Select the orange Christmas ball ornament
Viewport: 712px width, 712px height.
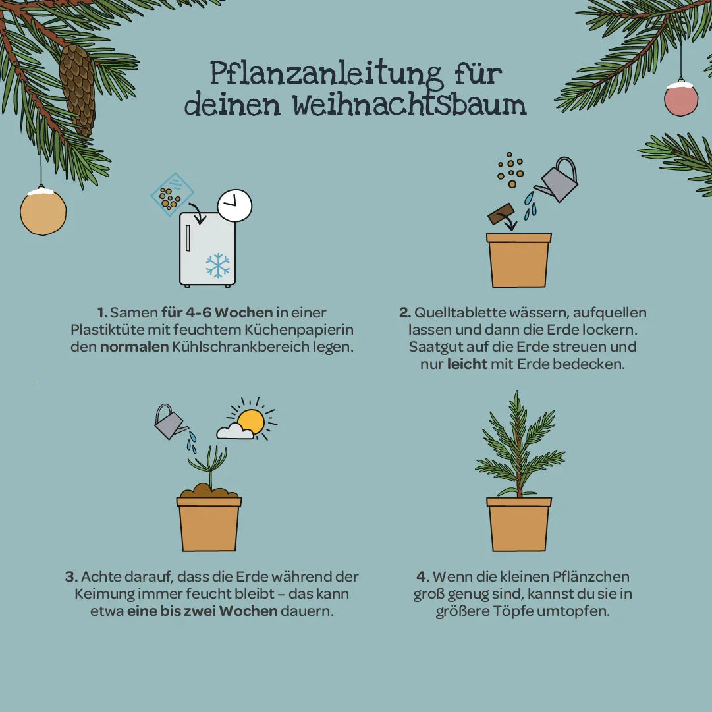[43, 211]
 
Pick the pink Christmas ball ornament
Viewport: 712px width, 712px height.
[680, 99]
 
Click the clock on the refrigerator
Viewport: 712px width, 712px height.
[235, 206]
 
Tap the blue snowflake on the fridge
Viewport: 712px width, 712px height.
[217, 265]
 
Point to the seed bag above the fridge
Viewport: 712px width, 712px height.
[171, 194]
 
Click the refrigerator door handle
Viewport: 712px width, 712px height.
[188, 238]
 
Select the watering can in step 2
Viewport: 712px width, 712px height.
[559, 181]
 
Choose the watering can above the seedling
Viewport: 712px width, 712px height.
[169, 423]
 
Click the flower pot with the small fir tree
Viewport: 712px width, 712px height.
[519, 523]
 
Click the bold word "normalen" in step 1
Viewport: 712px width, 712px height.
[134, 346]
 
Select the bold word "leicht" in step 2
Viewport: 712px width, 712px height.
[467, 364]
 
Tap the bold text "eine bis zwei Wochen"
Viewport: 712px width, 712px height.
[202, 611]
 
